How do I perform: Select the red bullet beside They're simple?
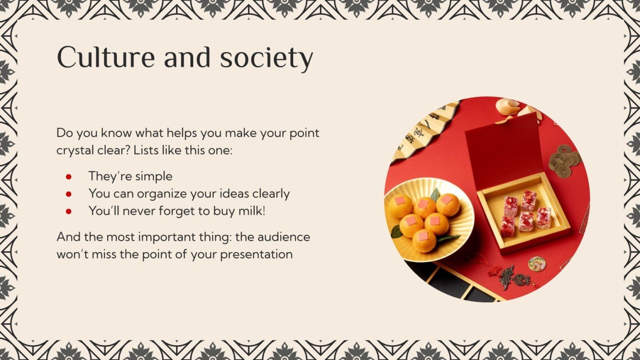(x=68, y=176)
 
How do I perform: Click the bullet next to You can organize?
(x=68, y=194)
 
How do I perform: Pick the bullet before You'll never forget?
(x=68, y=211)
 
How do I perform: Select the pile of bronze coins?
(x=564, y=160)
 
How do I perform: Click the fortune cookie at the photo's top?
(x=508, y=106)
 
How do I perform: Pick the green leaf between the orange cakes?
(x=435, y=195)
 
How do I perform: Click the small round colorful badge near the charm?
(x=537, y=263)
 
